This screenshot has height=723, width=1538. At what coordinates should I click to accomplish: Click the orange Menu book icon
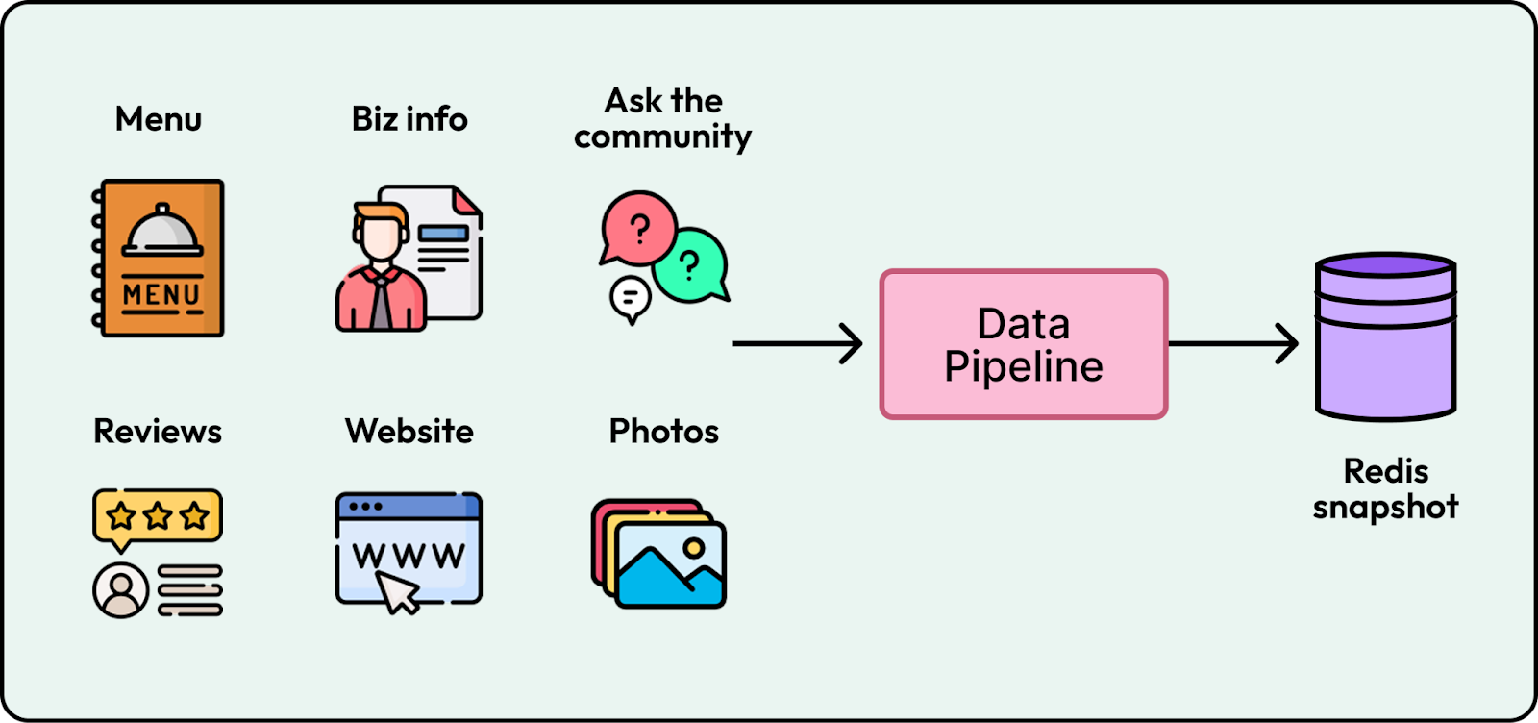click(x=160, y=258)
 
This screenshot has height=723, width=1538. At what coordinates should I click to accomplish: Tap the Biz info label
click(x=409, y=119)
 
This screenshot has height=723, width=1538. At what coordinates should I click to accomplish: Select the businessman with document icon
click(x=408, y=258)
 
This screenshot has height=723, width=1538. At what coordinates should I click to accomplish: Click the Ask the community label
click(x=662, y=118)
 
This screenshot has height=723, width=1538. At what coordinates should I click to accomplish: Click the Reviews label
click(x=158, y=432)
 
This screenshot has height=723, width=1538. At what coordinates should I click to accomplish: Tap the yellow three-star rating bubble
click(x=158, y=516)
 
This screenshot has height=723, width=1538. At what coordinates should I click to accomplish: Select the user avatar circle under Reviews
click(x=120, y=588)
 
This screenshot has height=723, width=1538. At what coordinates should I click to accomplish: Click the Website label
click(x=409, y=432)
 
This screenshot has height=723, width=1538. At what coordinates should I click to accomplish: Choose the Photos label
click(x=663, y=432)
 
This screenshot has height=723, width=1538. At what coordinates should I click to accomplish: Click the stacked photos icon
click(x=659, y=554)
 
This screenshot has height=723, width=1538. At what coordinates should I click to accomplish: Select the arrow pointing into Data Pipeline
click(x=797, y=343)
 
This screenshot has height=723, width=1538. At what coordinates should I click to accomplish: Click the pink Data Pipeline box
click(x=1024, y=344)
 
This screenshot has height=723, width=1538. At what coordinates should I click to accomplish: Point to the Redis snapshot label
click(x=1385, y=488)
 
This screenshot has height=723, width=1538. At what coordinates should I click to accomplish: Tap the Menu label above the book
click(x=159, y=119)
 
